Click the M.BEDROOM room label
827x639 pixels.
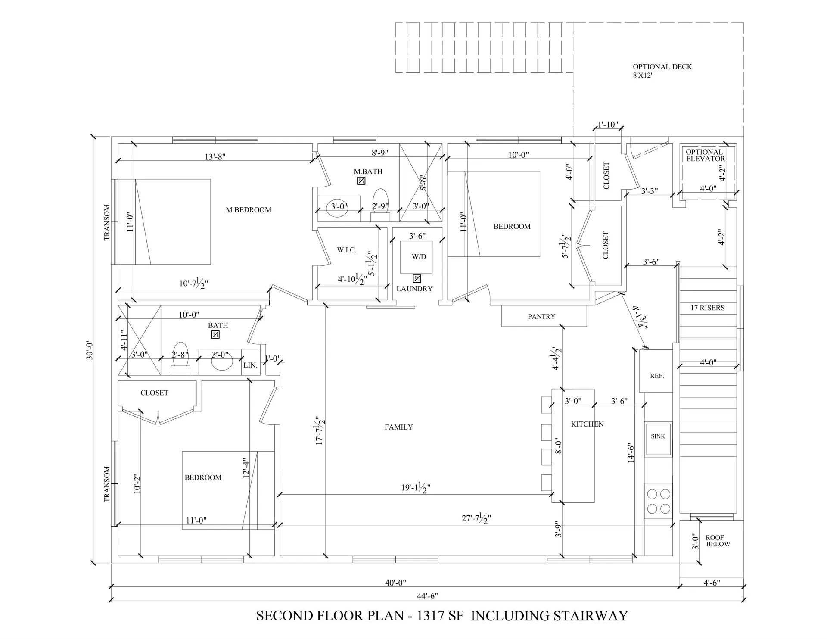coord(249,210)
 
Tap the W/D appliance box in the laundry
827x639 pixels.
coord(416,257)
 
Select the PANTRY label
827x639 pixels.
coord(541,317)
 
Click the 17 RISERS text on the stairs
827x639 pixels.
coord(707,308)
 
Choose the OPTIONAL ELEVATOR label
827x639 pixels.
coord(705,155)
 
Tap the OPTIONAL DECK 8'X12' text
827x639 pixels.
coord(662,71)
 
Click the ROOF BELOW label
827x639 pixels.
coord(718,541)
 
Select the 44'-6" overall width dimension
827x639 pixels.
coord(427,596)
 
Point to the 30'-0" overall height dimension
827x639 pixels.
coord(90,349)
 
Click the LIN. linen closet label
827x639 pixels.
coord(250,365)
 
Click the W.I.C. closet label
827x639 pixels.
coord(346,250)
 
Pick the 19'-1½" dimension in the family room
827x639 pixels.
coord(416,487)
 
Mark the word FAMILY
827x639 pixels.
coord(398,427)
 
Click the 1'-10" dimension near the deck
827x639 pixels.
coord(608,125)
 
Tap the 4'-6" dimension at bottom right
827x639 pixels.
coord(711,583)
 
